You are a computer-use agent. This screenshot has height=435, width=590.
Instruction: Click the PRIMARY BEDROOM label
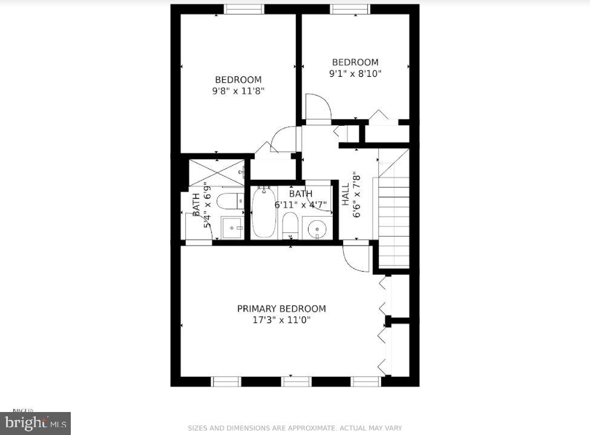click(x=281, y=309)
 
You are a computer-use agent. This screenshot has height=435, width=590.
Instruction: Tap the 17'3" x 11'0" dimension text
click(x=281, y=320)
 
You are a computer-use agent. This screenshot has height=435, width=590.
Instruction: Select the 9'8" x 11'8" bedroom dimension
click(x=238, y=91)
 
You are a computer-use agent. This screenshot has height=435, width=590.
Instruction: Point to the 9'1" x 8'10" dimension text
click(x=355, y=73)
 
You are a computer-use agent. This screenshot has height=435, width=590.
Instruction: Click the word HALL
click(x=346, y=195)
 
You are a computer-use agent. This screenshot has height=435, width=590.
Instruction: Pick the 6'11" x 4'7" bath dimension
click(x=300, y=204)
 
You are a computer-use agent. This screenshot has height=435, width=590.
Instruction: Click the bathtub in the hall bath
click(x=264, y=212)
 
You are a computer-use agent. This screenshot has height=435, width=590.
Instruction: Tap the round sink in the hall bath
click(x=316, y=229)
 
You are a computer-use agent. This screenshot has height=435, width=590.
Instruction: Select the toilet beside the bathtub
click(x=290, y=226)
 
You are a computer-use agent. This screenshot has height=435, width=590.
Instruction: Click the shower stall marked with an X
click(x=217, y=172)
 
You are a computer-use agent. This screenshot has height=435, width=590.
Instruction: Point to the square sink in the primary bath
click(x=232, y=228)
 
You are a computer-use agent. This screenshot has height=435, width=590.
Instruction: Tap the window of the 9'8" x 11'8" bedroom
click(x=244, y=9)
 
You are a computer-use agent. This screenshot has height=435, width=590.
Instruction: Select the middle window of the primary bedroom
click(x=297, y=381)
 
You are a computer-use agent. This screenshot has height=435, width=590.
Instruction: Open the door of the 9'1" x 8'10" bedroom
click(x=318, y=108)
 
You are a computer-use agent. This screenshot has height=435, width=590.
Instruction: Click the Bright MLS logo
click(x=35, y=423)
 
